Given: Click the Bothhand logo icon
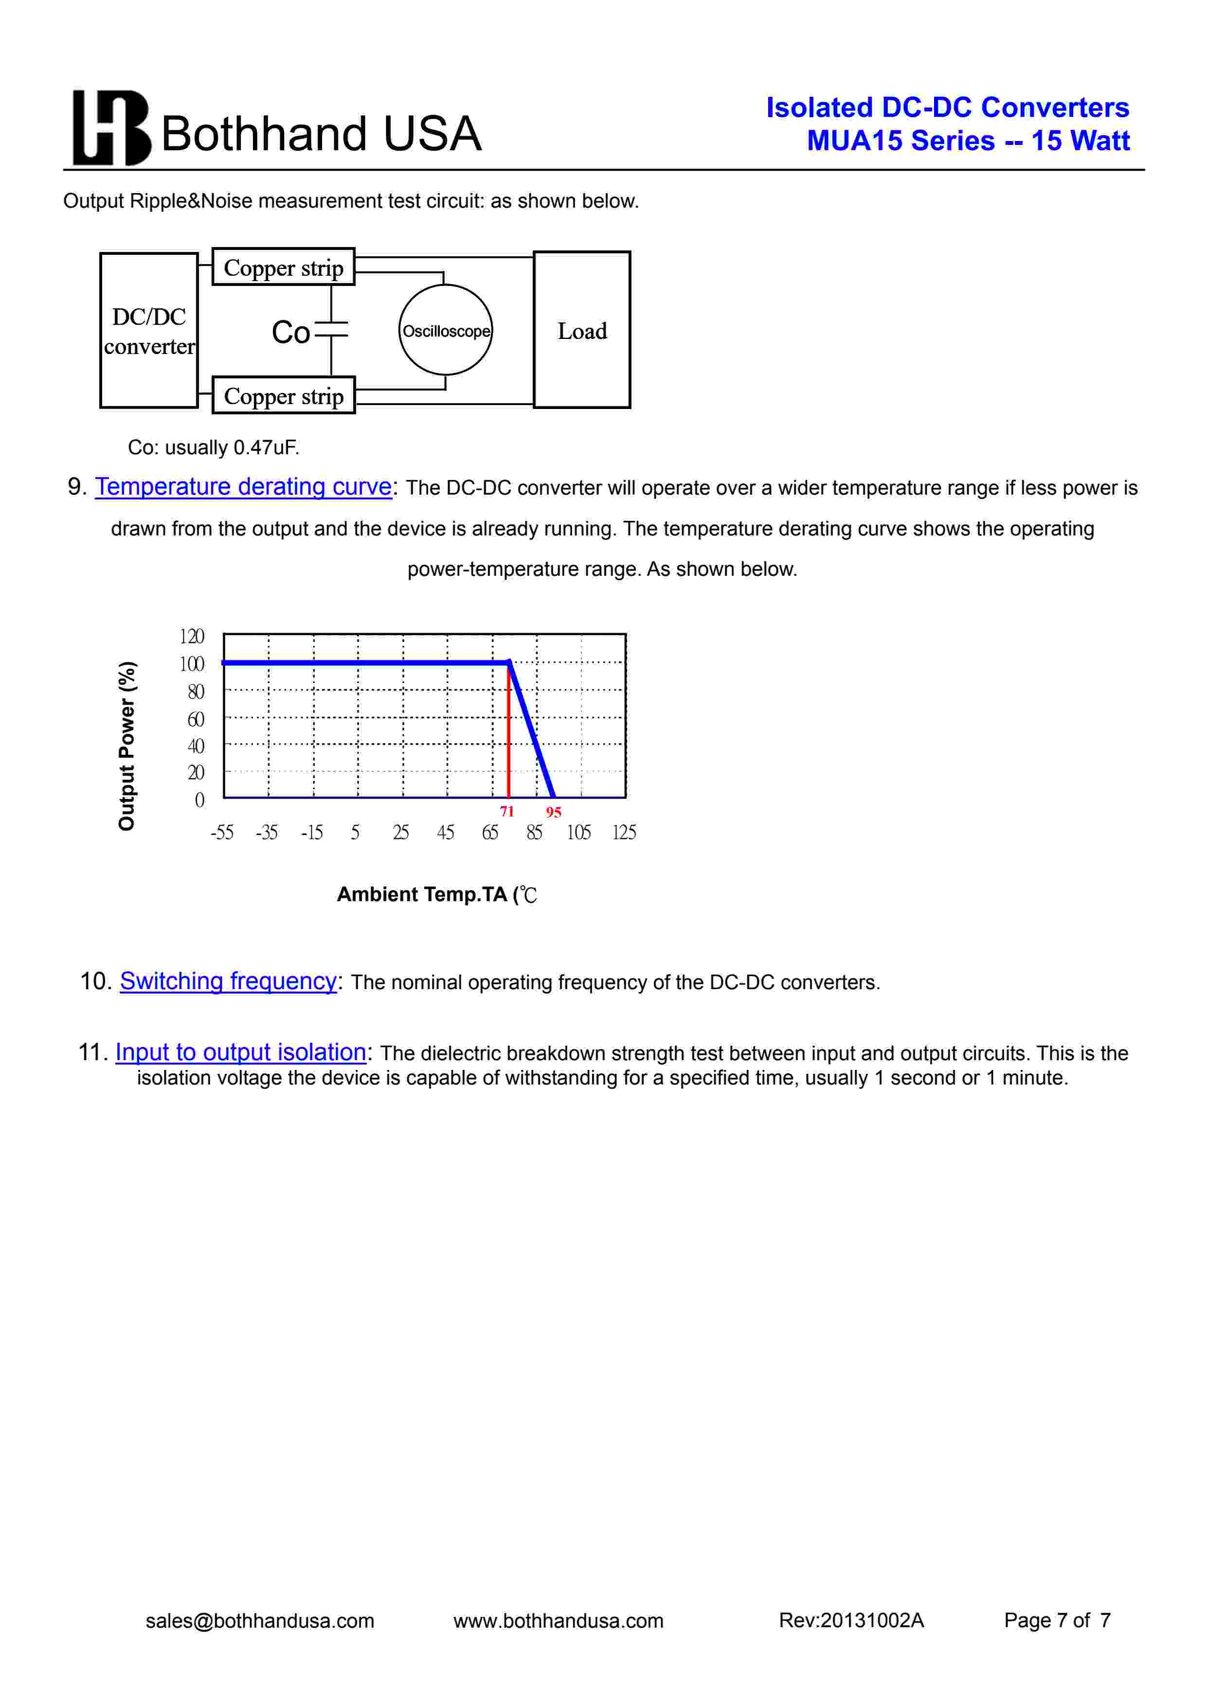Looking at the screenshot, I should click(111, 128).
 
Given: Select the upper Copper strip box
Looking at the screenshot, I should click(283, 267).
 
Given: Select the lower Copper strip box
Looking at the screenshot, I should click(283, 396).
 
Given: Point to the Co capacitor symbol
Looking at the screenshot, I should click(331, 331).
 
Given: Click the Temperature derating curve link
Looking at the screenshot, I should click(243, 487).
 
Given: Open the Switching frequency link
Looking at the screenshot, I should click(228, 981).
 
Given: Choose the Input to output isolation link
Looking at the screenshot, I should click(241, 1052).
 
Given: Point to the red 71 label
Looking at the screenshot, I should click(507, 811).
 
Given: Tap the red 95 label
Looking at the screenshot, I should click(554, 812).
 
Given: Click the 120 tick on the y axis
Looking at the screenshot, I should click(192, 637).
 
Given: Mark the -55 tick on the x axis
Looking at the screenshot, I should click(222, 833).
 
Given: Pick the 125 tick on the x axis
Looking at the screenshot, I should click(624, 833).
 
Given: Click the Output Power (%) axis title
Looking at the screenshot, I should click(127, 745).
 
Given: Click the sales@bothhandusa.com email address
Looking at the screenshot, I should click(260, 1620).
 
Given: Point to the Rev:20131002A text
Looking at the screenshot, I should click(851, 1620).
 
